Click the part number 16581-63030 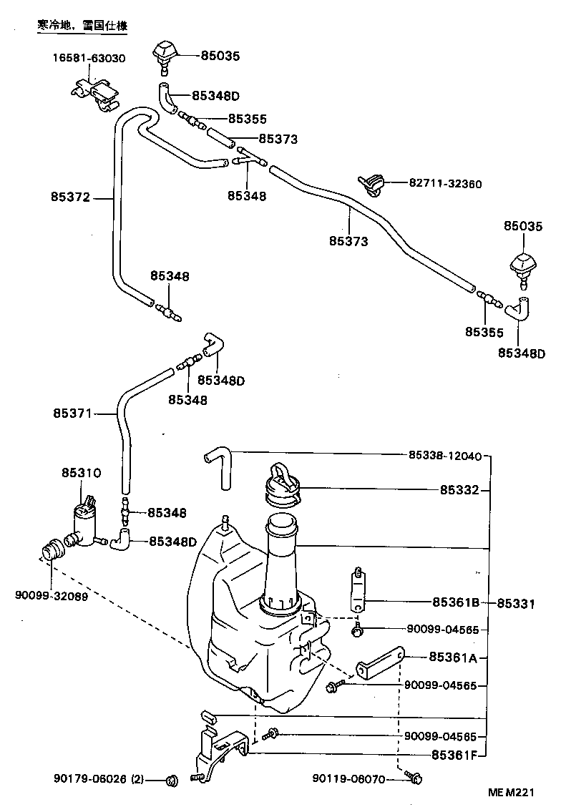pyautogui.click(x=88, y=58)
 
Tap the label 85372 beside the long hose pyautogui.click(x=70, y=197)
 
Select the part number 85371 pyautogui.click(x=72, y=413)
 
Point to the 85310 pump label pyautogui.click(x=81, y=473)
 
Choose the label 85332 pyautogui.click(x=460, y=491)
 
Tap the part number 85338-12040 pyautogui.click(x=445, y=455)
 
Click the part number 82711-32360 pyautogui.click(x=445, y=184)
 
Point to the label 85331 pyautogui.click(x=516, y=604)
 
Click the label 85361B pyautogui.click(x=455, y=602)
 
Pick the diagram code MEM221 pyautogui.click(x=512, y=793)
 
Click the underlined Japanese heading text pyautogui.click(x=82, y=25)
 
